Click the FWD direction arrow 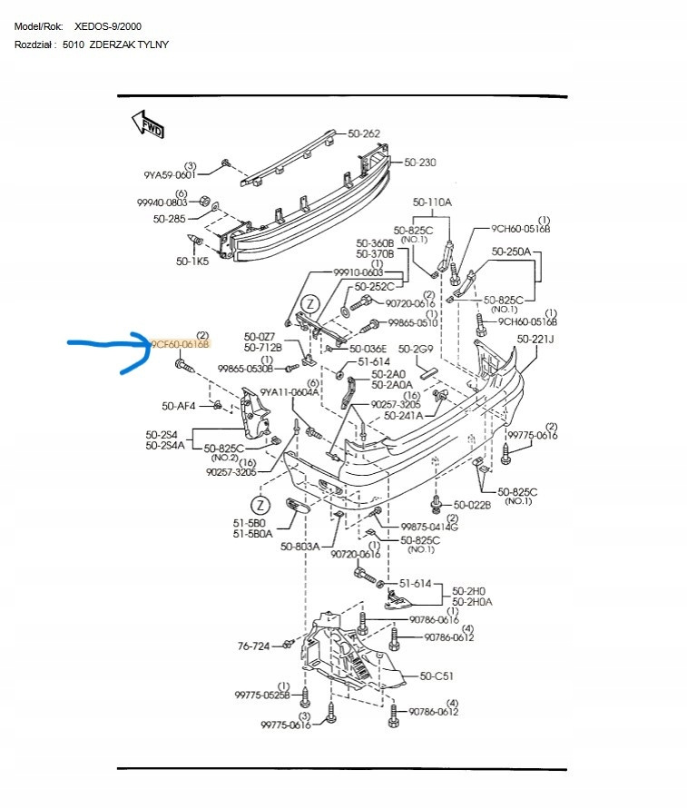pos(147,125)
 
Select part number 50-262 pos(364,133)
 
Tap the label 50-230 pos(420,163)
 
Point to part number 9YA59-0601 pos(169,174)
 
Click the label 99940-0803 pos(162,203)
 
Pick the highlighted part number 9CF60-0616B pos(181,345)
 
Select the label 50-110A pos(432,202)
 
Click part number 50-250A pos(511,252)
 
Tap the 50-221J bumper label pos(535,340)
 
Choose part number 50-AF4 pos(179,405)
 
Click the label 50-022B pos(473,505)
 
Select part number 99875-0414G pos(429,527)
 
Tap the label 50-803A pos(299,547)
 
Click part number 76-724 pos(254,646)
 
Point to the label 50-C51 pos(437,676)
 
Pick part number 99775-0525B pos(261,696)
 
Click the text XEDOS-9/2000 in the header pos(108,28)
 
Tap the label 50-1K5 pos(191,261)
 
